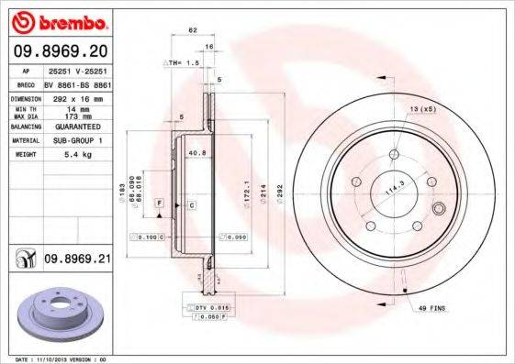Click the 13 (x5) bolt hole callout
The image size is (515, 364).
pyautogui.click(x=422, y=108)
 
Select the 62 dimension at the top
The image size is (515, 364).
pyautogui.click(x=193, y=30)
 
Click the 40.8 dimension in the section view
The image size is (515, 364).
pyautogui.click(x=195, y=153)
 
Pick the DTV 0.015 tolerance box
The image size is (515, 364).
pyautogui.click(x=206, y=307)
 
